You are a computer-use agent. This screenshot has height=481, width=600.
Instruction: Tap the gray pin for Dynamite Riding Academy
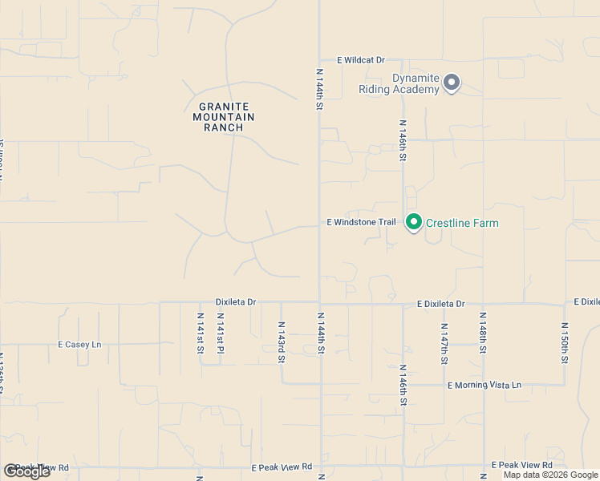click(x=452, y=83)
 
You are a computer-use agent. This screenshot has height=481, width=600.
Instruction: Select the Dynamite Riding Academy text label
click(x=416, y=84)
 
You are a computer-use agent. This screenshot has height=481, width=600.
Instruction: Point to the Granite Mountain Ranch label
click(x=224, y=117)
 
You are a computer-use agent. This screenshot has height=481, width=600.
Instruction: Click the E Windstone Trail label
click(x=362, y=222)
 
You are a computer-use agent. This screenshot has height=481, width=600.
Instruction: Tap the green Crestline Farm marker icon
click(x=414, y=221)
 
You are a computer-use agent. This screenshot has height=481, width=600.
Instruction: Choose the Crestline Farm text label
click(x=462, y=223)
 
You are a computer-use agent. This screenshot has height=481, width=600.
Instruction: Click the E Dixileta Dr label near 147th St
click(x=440, y=304)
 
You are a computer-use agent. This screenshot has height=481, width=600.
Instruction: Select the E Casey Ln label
click(x=79, y=345)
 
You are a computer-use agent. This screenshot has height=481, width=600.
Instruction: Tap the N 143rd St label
click(x=282, y=342)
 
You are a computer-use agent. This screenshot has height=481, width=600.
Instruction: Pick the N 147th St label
click(x=444, y=343)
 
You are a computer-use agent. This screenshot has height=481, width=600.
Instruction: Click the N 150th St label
click(x=565, y=343)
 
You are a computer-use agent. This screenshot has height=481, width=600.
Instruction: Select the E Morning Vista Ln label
click(x=484, y=386)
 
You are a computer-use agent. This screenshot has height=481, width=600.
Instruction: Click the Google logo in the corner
click(x=26, y=471)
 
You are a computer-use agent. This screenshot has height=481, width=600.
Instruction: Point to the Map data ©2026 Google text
click(x=549, y=475)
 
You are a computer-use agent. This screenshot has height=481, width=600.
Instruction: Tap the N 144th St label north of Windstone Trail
click(x=319, y=89)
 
